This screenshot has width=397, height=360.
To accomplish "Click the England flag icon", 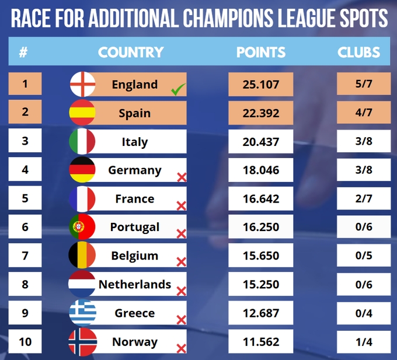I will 83,85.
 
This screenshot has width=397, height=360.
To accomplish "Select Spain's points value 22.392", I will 260,113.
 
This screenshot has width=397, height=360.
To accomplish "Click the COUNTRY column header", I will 131,53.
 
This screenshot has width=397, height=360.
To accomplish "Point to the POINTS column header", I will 261,53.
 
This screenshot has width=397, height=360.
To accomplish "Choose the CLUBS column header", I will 358,53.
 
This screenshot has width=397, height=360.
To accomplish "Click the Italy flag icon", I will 83,142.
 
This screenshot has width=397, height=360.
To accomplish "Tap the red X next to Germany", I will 181,177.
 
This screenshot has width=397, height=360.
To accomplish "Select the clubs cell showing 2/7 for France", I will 363,199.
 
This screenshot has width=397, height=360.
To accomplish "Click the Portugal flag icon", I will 83,228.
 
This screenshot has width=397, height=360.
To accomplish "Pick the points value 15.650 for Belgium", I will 260,256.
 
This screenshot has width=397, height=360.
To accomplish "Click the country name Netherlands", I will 135,285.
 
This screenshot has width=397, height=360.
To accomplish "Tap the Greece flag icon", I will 83,313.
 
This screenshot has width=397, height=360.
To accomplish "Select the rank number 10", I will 25,342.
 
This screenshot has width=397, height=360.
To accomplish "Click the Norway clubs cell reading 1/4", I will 363,342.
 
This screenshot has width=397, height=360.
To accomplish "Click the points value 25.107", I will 260,85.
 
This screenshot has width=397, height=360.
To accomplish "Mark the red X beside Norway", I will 181,349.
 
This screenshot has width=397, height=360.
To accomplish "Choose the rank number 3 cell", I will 25,142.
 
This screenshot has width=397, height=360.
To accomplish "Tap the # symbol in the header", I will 23,53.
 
